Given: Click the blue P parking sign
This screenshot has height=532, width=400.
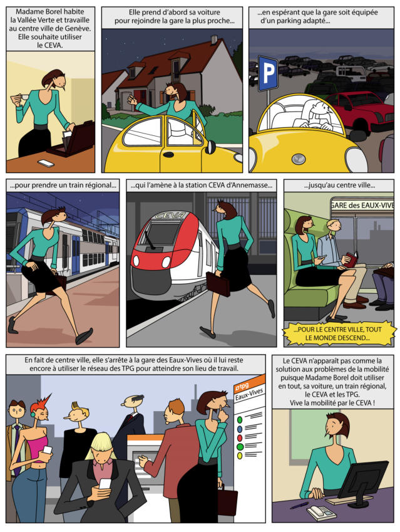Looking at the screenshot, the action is [268, 73].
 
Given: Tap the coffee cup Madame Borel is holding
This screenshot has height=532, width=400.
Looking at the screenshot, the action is [24, 97].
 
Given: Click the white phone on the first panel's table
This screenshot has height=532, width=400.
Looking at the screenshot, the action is [46, 163].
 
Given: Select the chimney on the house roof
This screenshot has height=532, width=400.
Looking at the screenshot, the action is [214, 39].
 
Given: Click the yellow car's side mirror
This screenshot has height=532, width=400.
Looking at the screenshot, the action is [210, 147].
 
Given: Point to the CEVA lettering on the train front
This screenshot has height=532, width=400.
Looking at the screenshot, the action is [170, 215].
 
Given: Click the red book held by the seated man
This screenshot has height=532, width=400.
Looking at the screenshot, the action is [352, 260].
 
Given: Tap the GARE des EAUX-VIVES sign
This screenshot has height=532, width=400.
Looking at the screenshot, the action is [362, 206].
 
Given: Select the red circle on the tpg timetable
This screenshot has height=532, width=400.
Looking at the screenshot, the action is [240, 438].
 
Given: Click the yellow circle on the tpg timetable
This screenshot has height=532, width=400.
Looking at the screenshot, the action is [240, 456].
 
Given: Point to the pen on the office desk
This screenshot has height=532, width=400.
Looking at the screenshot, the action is [299, 506].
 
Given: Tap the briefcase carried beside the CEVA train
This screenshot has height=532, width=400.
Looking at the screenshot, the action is [218, 284].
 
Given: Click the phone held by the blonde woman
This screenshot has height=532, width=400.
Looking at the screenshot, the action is [105, 484].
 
